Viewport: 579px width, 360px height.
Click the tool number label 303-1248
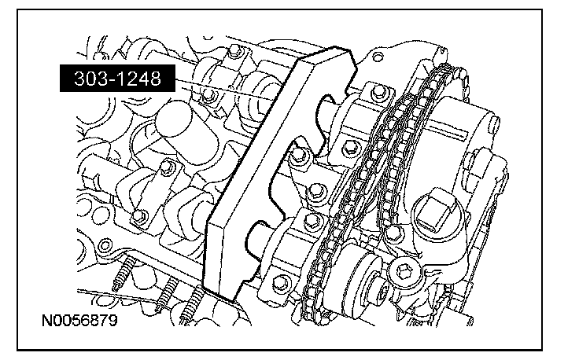coord(117,78)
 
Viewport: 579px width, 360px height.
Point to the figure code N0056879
coord(79,320)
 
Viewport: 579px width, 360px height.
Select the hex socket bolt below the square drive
coord(403,271)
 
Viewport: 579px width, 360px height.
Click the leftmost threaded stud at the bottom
coord(123,274)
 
